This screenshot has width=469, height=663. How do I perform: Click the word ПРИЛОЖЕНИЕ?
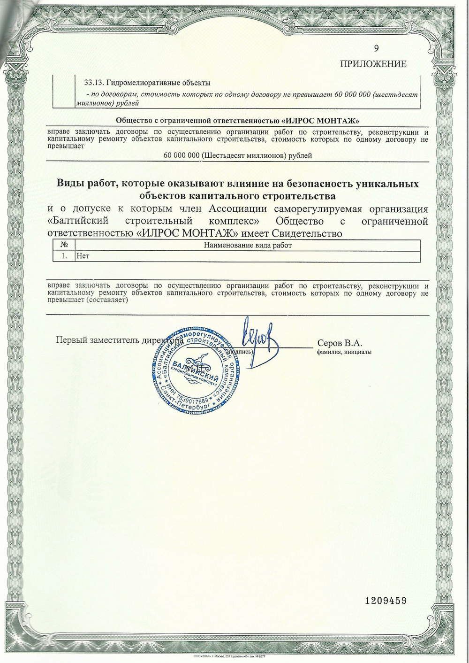[x=373, y=64]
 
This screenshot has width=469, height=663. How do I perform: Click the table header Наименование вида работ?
[x=248, y=245]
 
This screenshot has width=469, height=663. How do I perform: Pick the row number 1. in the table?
[x=64, y=256]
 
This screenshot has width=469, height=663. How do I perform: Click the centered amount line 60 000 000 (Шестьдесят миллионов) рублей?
[x=238, y=155]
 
